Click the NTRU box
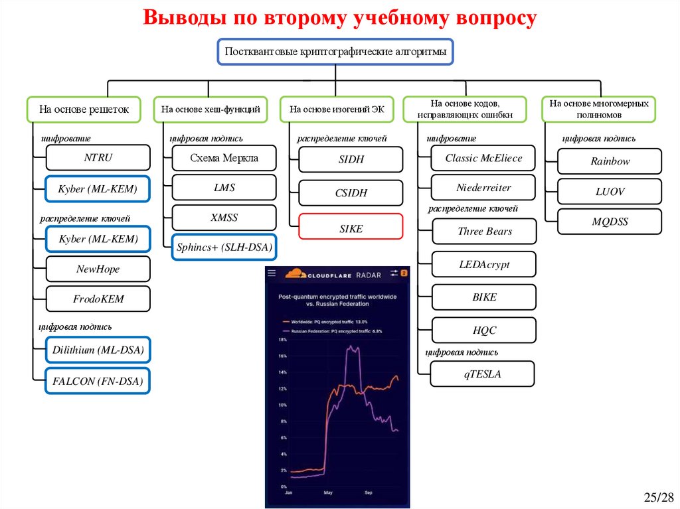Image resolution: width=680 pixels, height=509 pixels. tap(98, 158)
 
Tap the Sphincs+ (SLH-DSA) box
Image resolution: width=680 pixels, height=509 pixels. tap(224, 248)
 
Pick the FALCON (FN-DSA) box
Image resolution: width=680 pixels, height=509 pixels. tap(98, 382)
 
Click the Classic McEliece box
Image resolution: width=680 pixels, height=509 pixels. tap(483, 158)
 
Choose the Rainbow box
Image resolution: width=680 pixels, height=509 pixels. tap(610, 161)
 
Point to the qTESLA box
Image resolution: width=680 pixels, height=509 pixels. tap(482, 374)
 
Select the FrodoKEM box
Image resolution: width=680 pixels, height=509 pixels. tap(98, 299)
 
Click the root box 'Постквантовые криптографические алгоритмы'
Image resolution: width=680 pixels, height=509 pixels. tap(335, 52)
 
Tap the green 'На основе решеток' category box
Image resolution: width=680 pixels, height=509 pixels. tap(83, 109)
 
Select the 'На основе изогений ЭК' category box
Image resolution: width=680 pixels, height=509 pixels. tap(337, 109)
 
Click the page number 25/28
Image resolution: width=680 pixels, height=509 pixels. tap(658, 497)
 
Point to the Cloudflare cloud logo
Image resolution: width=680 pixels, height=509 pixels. tap(294, 273)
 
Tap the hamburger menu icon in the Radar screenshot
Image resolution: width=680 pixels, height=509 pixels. tap(272, 273)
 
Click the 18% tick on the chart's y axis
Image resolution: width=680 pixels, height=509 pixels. tap(282, 340)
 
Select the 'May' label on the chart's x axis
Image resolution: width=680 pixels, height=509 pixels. tap(328, 494)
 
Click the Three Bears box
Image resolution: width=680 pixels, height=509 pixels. tap(484, 232)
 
